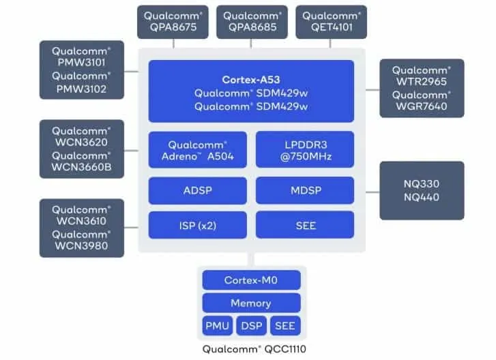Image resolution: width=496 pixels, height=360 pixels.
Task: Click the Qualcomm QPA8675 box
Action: coord(174,22)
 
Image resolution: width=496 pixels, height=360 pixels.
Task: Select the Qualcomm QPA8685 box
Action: coord(252,22)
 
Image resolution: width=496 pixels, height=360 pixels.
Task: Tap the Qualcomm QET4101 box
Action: coord(332,22)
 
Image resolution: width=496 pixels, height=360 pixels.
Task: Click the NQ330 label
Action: coord(421,184)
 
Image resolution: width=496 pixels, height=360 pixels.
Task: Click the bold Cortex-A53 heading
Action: coord(251,80)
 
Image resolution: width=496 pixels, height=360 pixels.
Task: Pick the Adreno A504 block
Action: coord(197,150)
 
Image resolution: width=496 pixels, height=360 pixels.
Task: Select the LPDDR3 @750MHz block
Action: coord(305,150)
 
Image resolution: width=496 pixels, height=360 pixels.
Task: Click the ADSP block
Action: coord(197,191)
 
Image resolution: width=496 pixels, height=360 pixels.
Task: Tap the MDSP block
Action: coord(305,191)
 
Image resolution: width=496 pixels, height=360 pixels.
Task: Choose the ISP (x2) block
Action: coord(197,224)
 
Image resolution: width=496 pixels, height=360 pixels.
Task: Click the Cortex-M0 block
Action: coord(251,280)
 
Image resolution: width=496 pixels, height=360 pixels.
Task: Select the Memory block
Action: coord(251,303)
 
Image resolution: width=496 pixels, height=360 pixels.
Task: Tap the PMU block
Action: coord(217,326)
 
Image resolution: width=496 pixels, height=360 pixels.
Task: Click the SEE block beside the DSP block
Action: coord(285,326)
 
